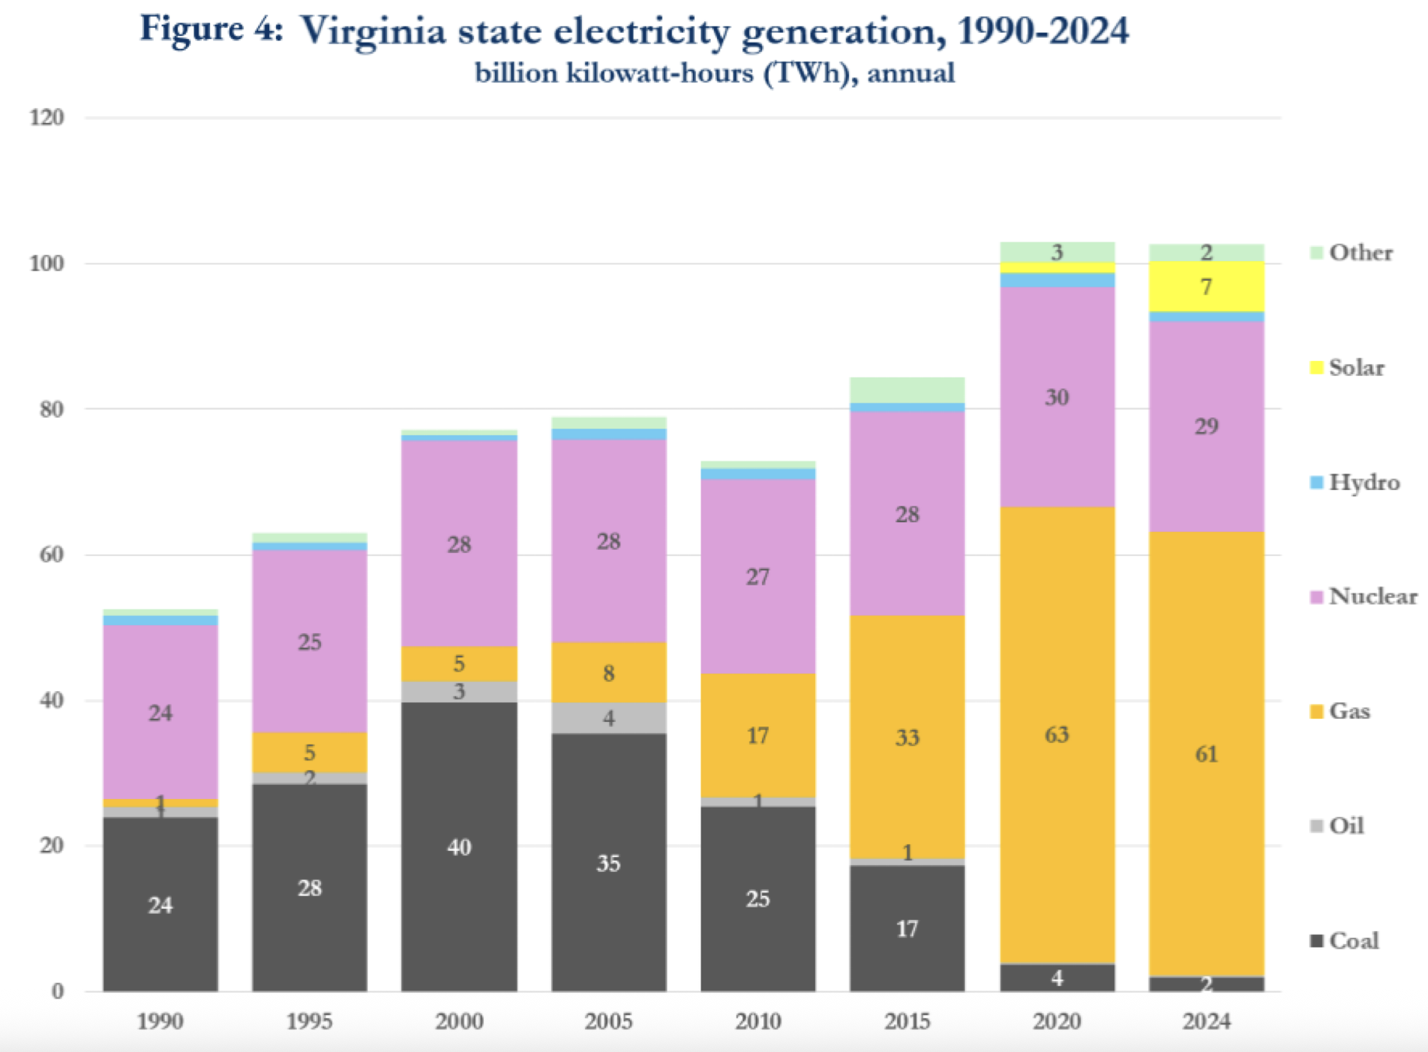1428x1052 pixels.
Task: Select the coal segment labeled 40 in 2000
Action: coord(459,846)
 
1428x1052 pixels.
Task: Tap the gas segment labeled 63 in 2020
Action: coord(1057,734)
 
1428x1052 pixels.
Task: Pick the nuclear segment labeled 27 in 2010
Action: coord(757,576)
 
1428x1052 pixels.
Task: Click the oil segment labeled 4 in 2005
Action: coord(608,718)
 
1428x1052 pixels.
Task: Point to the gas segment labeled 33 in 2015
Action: coord(907,737)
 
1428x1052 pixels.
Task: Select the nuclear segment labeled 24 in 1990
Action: coord(160,712)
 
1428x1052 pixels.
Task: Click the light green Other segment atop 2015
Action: coord(907,389)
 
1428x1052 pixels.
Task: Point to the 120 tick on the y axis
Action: coord(46,118)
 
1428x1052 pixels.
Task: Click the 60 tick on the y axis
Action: coord(51,555)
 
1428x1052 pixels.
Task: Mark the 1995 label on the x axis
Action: coord(309,1021)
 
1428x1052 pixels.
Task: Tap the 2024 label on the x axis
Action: coord(1206,1021)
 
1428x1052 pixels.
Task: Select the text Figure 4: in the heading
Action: coord(211,30)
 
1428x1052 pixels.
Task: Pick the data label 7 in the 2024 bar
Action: coord(1206,287)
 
